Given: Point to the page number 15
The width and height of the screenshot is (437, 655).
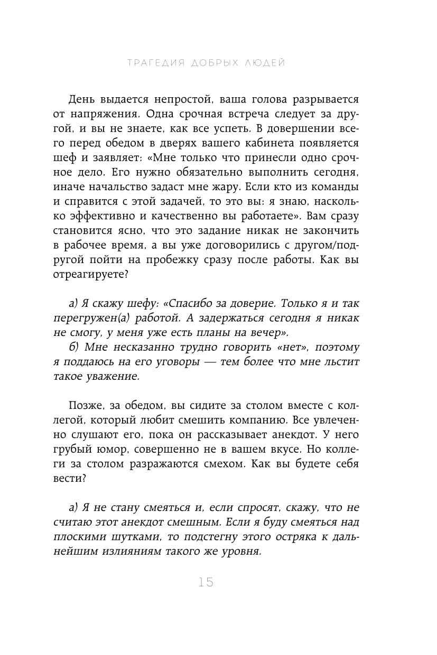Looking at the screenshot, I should [x=206, y=583].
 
